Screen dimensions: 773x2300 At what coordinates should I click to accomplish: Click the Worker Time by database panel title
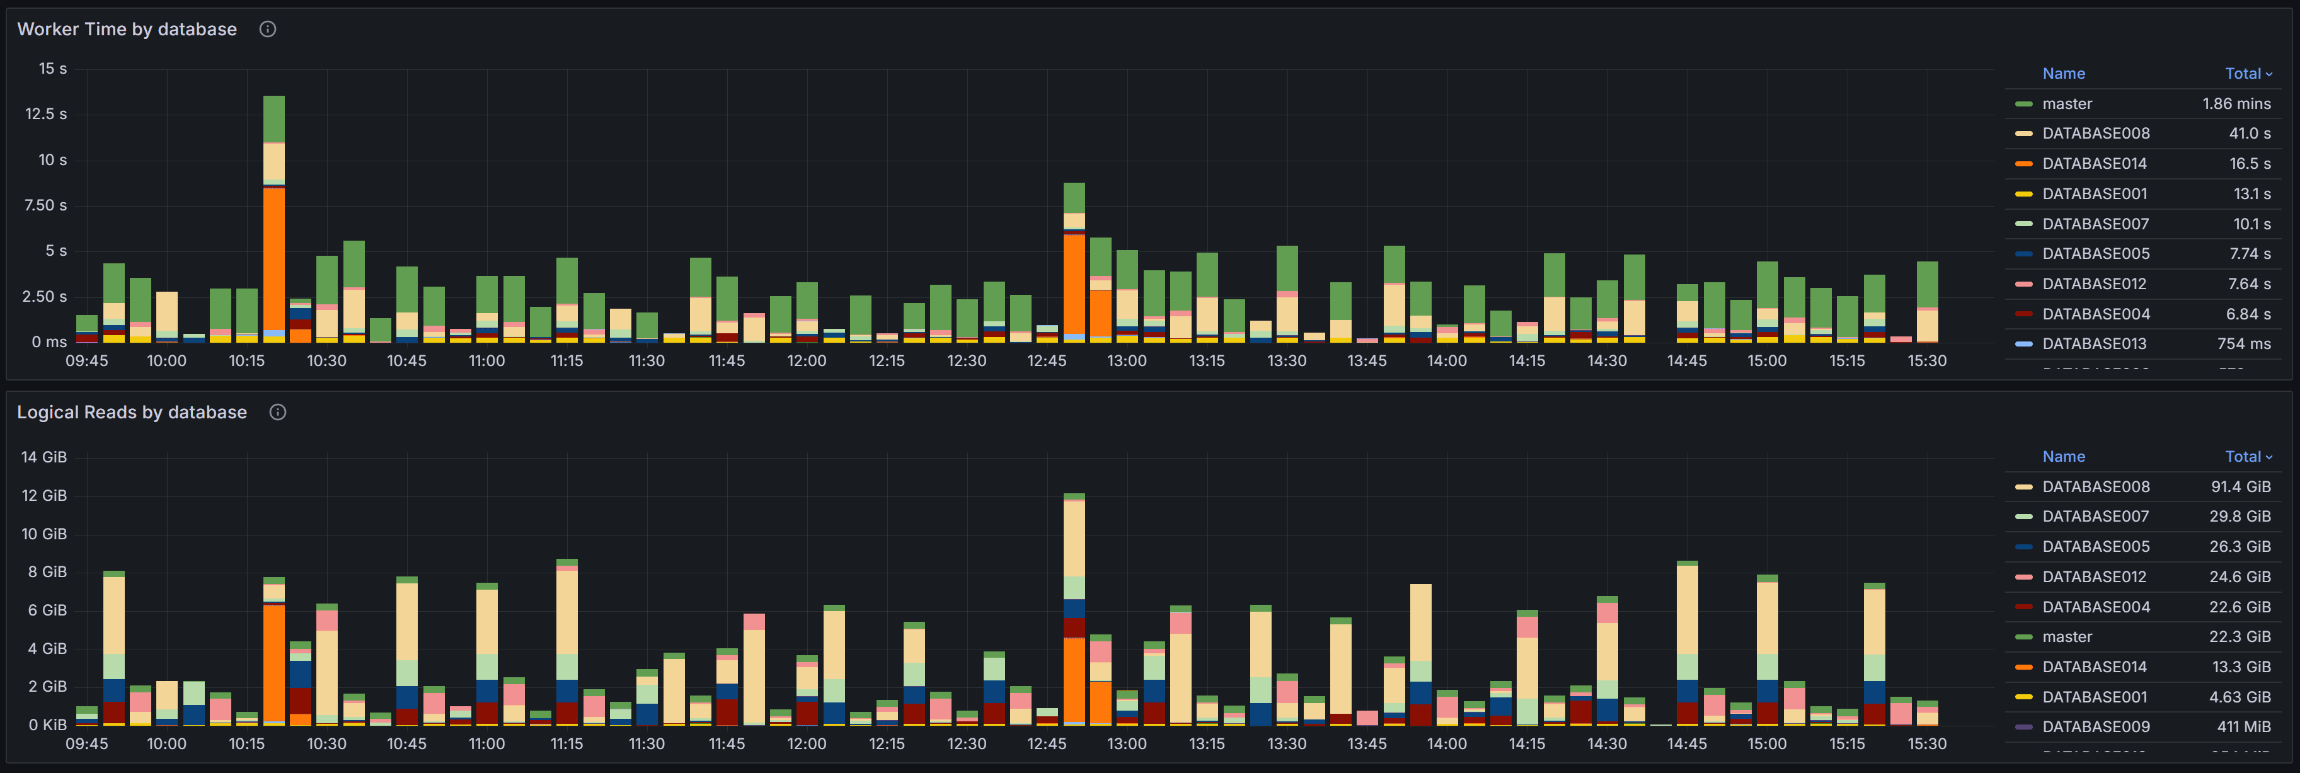[x=127, y=30]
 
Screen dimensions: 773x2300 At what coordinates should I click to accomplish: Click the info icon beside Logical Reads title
[x=278, y=413]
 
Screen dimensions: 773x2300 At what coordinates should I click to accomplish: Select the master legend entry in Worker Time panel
[x=2066, y=103]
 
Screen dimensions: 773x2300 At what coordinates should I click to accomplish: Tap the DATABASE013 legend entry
[x=2095, y=343]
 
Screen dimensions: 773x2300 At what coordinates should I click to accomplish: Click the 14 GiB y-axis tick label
[x=43, y=457]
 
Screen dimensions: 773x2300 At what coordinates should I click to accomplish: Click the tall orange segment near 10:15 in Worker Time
[x=274, y=259]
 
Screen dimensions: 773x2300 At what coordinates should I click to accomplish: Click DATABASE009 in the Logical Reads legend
[x=2095, y=726]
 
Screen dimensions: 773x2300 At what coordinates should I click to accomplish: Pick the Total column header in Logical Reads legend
[x=2246, y=456]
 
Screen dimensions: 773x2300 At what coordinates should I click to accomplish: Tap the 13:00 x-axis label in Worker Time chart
[x=1126, y=360]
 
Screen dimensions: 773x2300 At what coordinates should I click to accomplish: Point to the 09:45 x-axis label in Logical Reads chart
[x=86, y=743]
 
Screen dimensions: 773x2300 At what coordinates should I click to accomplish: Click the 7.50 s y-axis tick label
[x=45, y=205]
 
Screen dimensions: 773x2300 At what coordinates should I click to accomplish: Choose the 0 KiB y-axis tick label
[x=47, y=724]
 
